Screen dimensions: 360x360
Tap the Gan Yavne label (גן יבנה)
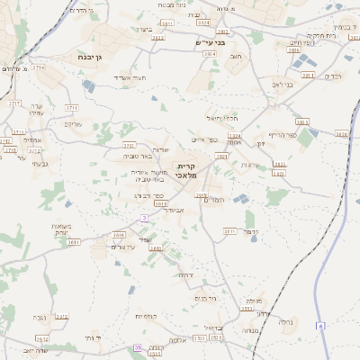pyautogui.click(x=85, y=56)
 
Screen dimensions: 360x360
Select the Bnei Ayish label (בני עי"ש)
pyautogui.click(x=211, y=41)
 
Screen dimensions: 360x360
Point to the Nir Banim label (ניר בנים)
pyautogui.click(x=206, y=298)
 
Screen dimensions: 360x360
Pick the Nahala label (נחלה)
pyautogui.click(x=287, y=320)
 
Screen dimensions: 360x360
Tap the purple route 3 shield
pyautogui.click(x=144, y=219)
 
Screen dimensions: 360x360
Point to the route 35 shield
pyautogui.click(x=137, y=347)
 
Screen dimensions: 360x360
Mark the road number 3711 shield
pyautogui.click(x=72, y=107)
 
